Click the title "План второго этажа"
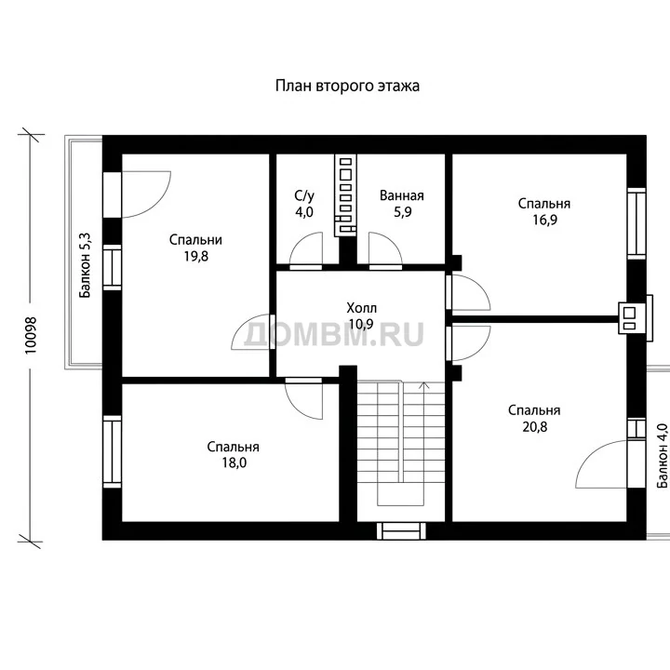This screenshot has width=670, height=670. tap(347, 86)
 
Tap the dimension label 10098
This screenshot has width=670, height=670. tap(31, 335)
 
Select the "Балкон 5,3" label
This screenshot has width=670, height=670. tap(85, 265)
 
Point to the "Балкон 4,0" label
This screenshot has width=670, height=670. tap(663, 455)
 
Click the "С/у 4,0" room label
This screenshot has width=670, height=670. tap(304, 204)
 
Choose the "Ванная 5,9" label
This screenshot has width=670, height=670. tap(402, 204)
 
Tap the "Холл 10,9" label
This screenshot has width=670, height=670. tap(361, 315)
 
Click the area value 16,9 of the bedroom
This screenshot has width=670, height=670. tap(544, 220)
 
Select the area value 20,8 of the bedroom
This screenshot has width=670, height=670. tap(534, 426)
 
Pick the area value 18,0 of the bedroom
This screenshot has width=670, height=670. tap(234, 462)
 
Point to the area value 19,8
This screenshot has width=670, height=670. tap(196, 256)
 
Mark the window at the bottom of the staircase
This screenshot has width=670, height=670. tap(401, 530)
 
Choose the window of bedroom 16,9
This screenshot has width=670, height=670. tap(636, 223)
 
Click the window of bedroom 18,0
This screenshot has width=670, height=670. tap(112, 451)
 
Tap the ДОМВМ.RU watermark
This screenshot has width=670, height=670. tap(334, 334)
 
